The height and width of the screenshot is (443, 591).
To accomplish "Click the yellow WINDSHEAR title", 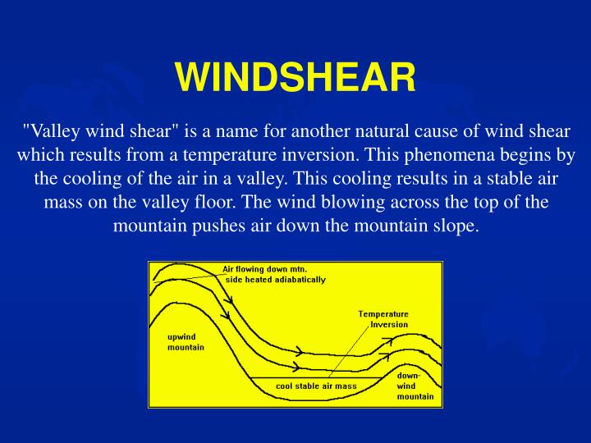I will [295, 78].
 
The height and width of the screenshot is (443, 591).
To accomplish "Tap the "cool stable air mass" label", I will [316, 386].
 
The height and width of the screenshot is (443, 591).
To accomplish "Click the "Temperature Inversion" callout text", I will [383, 318].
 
